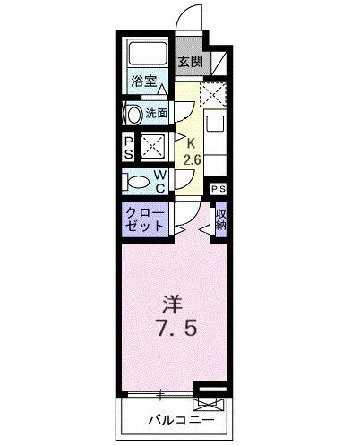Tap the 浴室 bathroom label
point(145,81)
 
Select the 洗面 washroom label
point(158,114)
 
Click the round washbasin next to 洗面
point(133,114)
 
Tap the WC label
point(158,181)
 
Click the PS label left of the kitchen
point(129,147)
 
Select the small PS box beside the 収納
point(217,189)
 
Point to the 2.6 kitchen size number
point(190,160)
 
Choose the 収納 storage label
point(219,219)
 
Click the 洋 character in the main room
point(174,302)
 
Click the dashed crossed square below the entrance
point(212,93)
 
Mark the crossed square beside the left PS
point(150,147)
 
